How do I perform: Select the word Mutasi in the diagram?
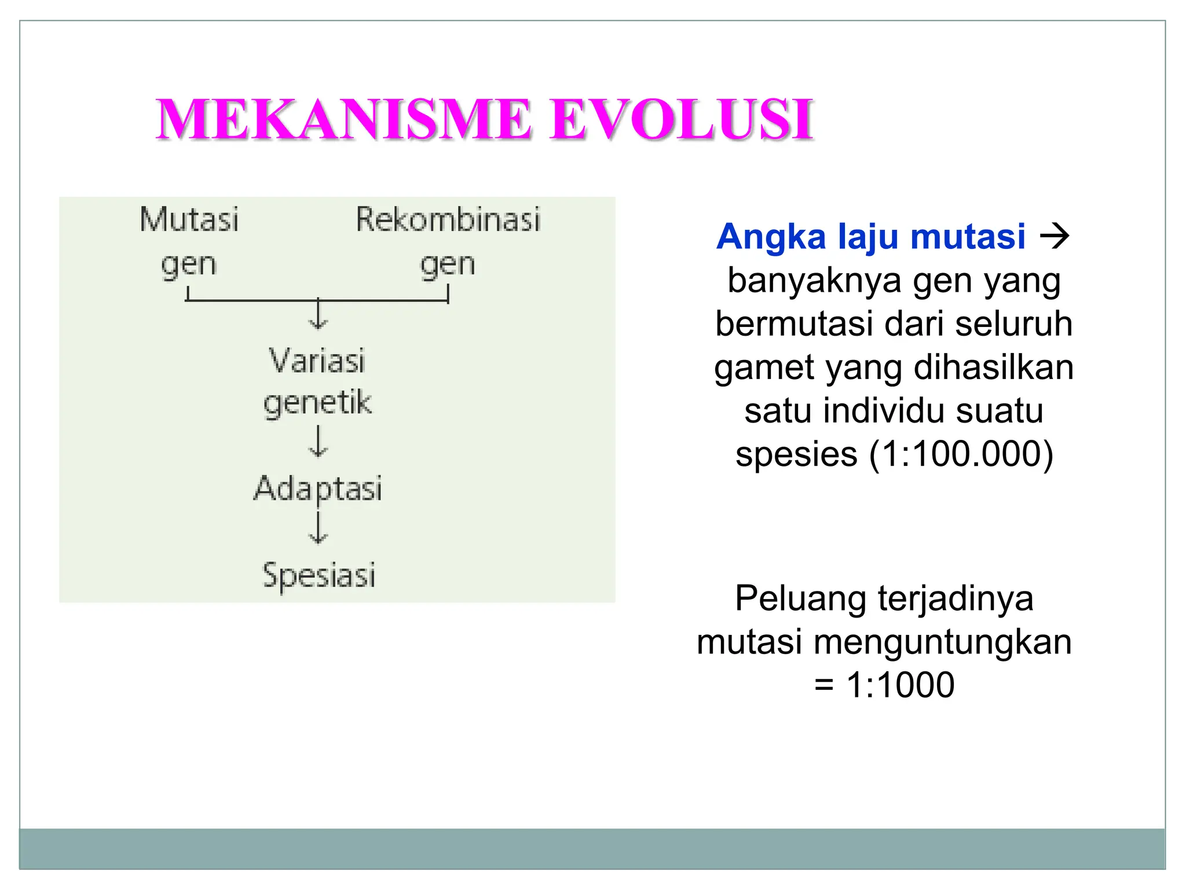[189, 220]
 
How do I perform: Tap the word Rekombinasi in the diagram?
[448, 220]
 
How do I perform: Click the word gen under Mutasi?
[189, 266]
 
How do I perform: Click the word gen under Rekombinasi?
[448, 266]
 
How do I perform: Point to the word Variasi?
[317, 361]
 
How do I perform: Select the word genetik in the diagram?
[317, 403]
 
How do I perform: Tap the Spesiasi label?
[319, 575]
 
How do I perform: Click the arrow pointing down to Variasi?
[318, 315]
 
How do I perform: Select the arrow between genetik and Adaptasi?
[318, 442]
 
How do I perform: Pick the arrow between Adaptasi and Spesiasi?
[318, 528]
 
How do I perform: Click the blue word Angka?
[771, 237]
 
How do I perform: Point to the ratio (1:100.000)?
[961, 454]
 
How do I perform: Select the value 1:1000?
[901, 685]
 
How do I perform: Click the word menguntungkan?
[942, 642]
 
